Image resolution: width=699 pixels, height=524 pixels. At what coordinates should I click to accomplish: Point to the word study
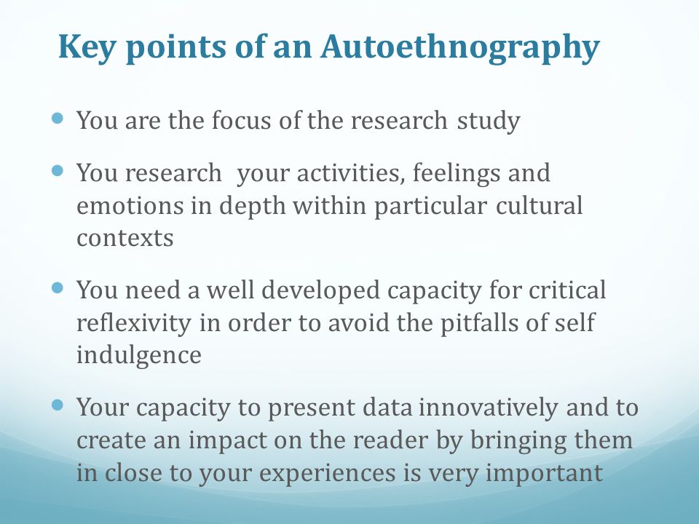[x=489, y=120]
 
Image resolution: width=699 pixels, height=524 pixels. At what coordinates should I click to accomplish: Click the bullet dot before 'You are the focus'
[x=60, y=116]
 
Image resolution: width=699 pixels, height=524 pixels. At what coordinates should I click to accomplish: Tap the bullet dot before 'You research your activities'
[x=60, y=170]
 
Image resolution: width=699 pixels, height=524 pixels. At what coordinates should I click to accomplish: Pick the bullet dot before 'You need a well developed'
[x=60, y=287]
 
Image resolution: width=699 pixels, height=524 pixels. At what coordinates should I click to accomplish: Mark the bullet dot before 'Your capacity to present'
[x=60, y=404]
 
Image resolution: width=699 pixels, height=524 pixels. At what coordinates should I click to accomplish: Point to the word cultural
[x=539, y=206]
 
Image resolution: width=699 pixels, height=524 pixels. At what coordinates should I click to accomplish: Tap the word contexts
[x=125, y=238]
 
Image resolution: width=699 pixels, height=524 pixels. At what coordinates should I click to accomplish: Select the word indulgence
[x=138, y=355]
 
